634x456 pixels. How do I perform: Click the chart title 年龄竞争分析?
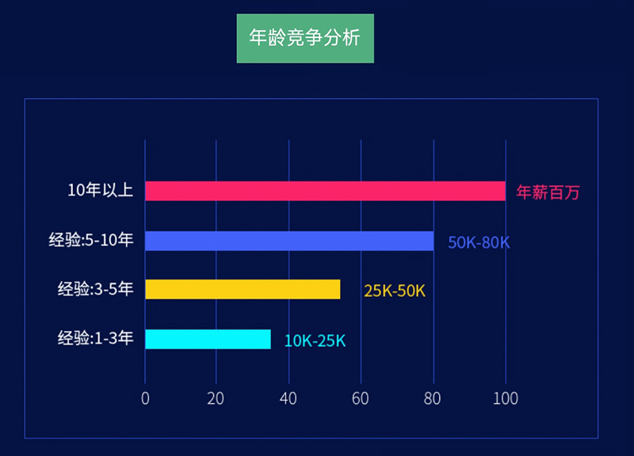304,37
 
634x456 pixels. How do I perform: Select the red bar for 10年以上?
325,191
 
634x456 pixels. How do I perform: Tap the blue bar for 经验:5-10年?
289,241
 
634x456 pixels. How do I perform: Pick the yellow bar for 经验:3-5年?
243,289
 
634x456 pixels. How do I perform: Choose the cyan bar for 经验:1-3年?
208,339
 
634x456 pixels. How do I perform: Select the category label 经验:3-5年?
95,289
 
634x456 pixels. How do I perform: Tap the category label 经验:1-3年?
95,339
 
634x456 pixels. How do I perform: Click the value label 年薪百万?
548,192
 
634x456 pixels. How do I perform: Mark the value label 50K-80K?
479,242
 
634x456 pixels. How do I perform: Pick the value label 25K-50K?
395,291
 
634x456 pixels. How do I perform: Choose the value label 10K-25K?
315,341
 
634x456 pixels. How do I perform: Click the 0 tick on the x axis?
145,398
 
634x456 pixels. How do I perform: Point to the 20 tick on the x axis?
216,398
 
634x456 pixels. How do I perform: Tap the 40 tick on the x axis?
288,398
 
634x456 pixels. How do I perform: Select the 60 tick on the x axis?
361,398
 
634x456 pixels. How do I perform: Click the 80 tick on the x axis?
433,398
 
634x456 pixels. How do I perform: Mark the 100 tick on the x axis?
505,398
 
